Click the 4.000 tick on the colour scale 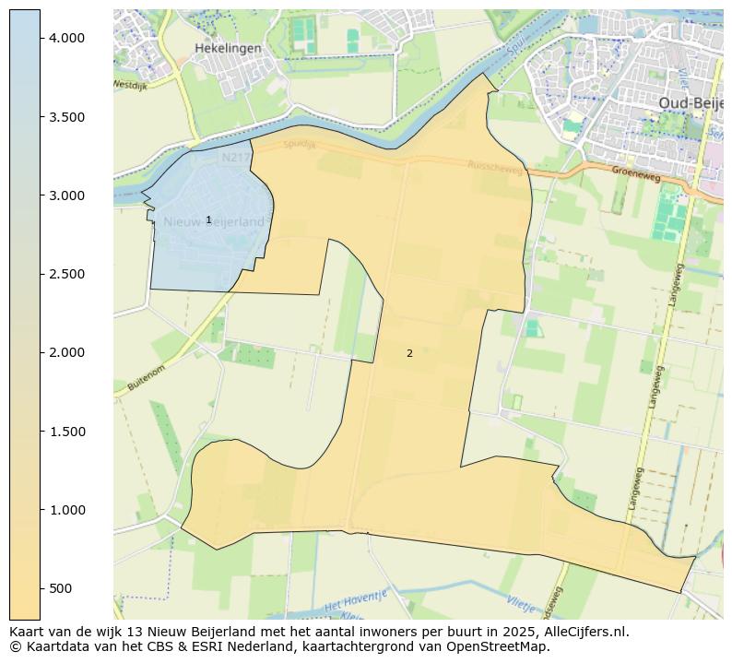(x=66, y=38)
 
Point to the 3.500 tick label (x=66, y=117)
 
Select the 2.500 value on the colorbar (x=66, y=274)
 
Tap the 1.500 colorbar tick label (x=66, y=432)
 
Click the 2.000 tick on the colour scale (x=66, y=352)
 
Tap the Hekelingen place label (x=228, y=48)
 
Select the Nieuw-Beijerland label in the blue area (x=214, y=222)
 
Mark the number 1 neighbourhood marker (x=208, y=219)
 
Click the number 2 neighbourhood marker (x=409, y=353)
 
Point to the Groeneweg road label (x=636, y=172)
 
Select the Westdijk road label (x=130, y=84)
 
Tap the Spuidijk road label (x=300, y=145)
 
